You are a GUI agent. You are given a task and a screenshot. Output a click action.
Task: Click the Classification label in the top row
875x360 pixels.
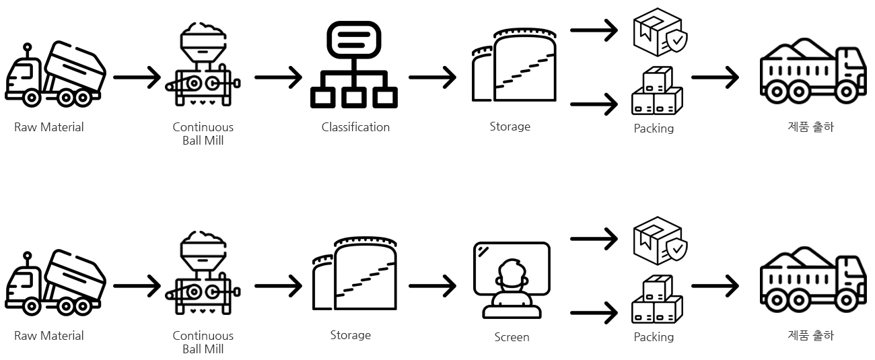pyautogui.click(x=355, y=127)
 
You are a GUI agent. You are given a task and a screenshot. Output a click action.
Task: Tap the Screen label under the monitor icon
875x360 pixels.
pyautogui.click(x=512, y=337)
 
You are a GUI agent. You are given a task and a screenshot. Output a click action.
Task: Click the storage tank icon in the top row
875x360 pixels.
pyautogui.click(x=515, y=65)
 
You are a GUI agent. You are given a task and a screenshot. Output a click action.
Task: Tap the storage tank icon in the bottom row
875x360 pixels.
pyautogui.click(x=354, y=274)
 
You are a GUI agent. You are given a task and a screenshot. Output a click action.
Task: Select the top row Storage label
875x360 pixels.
pyautogui.click(x=510, y=127)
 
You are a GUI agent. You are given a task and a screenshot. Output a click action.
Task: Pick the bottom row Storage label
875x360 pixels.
pyautogui.click(x=350, y=335)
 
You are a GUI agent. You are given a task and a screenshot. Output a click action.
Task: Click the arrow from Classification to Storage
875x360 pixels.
pyautogui.click(x=433, y=77)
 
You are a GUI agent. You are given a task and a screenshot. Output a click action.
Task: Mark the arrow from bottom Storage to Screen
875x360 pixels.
pyautogui.click(x=433, y=286)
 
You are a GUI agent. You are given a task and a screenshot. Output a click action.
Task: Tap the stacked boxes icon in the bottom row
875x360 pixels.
pyautogui.click(x=657, y=299)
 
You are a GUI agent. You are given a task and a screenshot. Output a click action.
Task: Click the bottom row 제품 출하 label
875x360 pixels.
pyautogui.click(x=810, y=335)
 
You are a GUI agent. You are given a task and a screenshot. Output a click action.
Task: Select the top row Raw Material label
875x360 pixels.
pyautogui.click(x=49, y=127)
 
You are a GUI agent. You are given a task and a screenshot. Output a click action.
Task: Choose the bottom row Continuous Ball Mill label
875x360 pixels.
pyautogui.click(x=203, y=342)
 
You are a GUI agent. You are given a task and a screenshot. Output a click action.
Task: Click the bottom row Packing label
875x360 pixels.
pyautogui.click(x=654, y=337)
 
